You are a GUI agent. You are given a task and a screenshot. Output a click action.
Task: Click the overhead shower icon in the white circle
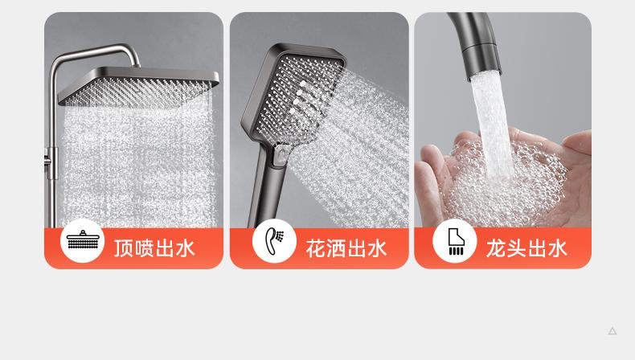pyautogui.click(x=83, y=239)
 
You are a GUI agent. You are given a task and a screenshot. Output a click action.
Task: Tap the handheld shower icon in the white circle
pyautogui.click(x=275, y=241)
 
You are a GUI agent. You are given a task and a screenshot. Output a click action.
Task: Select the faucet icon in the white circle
pyautogui.click(x=455, y=241)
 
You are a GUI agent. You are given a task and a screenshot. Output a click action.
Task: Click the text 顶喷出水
pyautogui.click(x=154, y=247)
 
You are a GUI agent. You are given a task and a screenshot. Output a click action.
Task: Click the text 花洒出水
pyautogui.click(x=346, y=247)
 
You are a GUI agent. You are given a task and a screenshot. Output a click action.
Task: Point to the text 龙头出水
pyautogui.click(x=526, y=247)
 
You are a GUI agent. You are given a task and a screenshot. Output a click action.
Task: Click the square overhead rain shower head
pyautogui.click(x=138, y=86)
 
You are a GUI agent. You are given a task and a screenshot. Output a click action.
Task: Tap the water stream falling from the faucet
pyautogui.click(x=493, y=125)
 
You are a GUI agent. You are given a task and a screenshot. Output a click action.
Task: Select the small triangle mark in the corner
pyautogui.click(x=612, y=331)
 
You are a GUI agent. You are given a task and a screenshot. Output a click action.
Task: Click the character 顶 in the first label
pyautogui.click(x=123, y=247)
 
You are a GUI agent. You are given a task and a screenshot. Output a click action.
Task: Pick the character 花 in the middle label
pyautogui.click(x=315, y=247)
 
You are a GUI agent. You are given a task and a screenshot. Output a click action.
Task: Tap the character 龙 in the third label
pyautogui.click(x=496, y=247)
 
